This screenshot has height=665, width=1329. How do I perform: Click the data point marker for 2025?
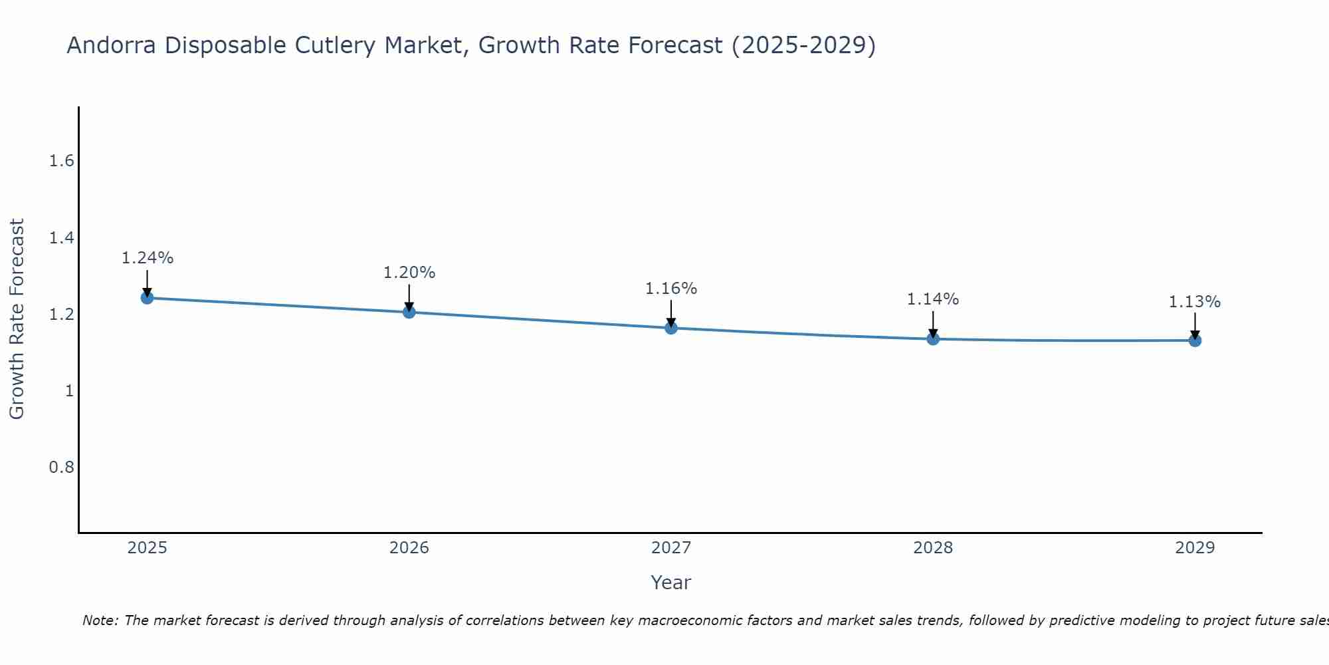tap(147, 297)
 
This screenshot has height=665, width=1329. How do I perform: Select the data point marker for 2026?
tap(409, 312)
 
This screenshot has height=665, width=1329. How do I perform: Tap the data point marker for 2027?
tap(671, 328)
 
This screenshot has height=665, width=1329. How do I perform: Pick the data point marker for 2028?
tap(933, 338)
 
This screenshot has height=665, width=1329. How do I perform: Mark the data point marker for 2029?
tap(1195, 340)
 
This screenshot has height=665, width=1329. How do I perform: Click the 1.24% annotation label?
tap(147, 258)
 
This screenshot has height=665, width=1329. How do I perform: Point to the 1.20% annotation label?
tap(409, 273)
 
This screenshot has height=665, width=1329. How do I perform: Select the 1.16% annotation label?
tap(671, 289)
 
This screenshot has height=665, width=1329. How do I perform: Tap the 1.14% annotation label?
tap(933, 299)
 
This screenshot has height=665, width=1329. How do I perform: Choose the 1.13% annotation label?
tap(1195, 302)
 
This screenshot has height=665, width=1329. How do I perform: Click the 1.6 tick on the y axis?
tap(62, 162)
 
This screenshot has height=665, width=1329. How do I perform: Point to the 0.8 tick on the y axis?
tap(62, 467)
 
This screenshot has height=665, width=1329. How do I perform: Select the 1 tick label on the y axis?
tap(69, 391)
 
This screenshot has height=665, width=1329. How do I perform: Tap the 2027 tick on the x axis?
tap(671, 548)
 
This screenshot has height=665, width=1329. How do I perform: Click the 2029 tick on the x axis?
tap(1195, 548)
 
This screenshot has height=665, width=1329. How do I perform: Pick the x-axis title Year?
tap(671, 583)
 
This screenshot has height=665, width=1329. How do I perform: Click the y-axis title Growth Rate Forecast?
tap(17, 319)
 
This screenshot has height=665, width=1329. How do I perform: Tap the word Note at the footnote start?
tap(100, 620)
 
